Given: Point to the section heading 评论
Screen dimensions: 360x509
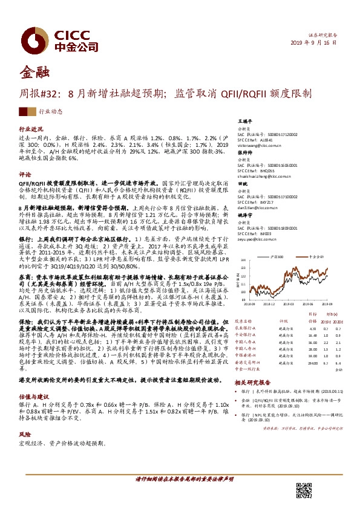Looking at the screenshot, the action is point(25,173).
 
